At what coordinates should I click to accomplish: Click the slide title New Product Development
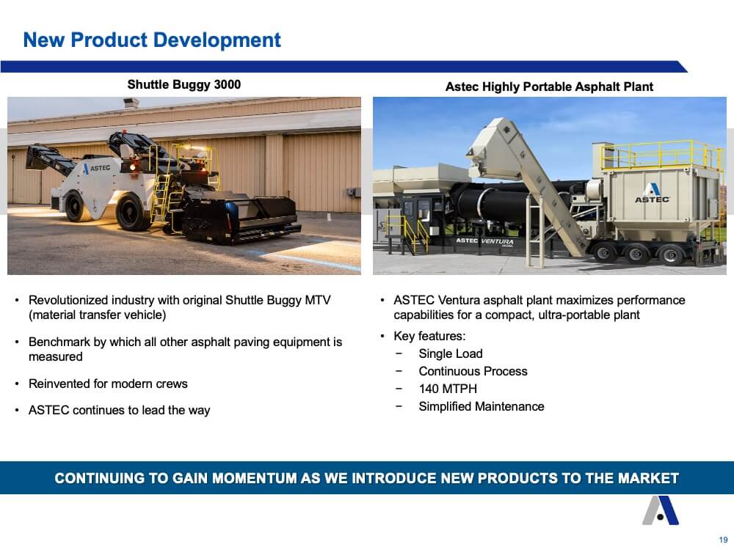click(152, 40)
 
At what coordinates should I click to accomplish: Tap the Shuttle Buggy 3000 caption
click(184, 84)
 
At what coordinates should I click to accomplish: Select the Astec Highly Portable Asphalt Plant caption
click(549, 87)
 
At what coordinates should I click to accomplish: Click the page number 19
click(723, 540)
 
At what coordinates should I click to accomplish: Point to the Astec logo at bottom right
click(661, 510)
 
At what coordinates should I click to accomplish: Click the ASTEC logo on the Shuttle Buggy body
click(97, 169)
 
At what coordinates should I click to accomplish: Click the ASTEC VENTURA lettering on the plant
click(484, 241)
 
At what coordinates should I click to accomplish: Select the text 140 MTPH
click(448, 389)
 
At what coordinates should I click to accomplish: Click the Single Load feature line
click(451, 353)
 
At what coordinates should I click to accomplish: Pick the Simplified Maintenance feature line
click(482, 406)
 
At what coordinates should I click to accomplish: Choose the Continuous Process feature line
click(473, 371)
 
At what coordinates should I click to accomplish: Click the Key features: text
click(429, 336)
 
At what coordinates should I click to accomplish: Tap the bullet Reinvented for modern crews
click(108, 384)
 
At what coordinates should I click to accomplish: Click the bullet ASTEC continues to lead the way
click(120, 410)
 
